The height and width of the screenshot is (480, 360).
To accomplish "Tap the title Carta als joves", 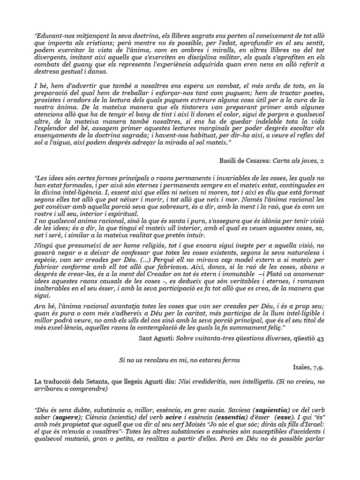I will coord(295,161).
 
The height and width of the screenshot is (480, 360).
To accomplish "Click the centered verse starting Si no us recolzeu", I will coord(180,360).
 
